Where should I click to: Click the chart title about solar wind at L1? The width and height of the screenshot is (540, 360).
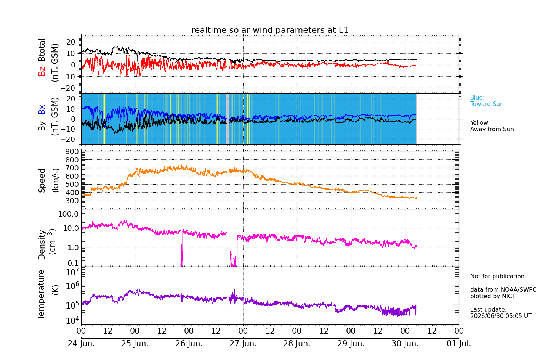tap(270, 30)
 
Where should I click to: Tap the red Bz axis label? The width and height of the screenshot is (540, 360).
tap(42, 71)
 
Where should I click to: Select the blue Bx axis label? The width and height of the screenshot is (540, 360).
tap(42, 109)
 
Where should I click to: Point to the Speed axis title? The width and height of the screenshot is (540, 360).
tap(42, 180)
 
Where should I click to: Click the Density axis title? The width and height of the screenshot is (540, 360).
tap(42, 245)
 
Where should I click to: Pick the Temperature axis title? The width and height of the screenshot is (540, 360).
tap(41, 295)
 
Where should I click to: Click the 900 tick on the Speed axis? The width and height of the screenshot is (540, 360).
tap(72, 151)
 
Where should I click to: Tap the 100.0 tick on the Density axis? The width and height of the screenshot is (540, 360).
tap(69, 214)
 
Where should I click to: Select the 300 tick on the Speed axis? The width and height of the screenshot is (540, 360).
tap(72, 201)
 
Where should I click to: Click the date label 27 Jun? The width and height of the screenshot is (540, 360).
tap(243, 343)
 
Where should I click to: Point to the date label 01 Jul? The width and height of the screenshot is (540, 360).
tap(459, 343)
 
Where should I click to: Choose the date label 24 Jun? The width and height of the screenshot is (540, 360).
tap(81, 343)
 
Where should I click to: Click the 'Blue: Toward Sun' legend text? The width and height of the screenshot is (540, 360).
tap(487, 101)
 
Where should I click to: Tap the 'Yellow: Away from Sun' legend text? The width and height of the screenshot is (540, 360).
tap(492, 126)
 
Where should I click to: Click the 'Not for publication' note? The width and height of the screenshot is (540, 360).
tap(497, 276)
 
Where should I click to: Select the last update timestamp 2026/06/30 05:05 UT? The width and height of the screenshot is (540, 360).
tap(501, 316)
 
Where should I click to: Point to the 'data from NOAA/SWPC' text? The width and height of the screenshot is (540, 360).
tap(503, 289)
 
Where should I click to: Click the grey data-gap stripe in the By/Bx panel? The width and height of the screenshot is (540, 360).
tap(227, 119)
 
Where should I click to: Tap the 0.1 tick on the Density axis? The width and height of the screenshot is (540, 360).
tap(73, 263)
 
